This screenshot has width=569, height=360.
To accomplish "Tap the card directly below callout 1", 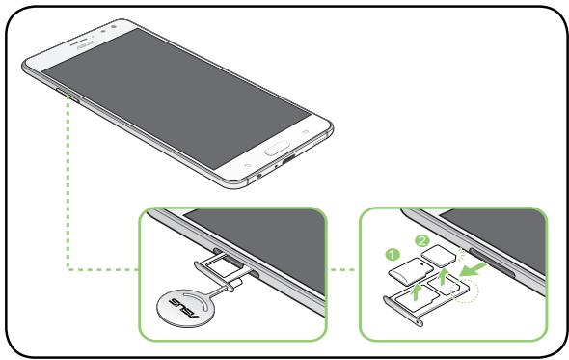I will [414, 269].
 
